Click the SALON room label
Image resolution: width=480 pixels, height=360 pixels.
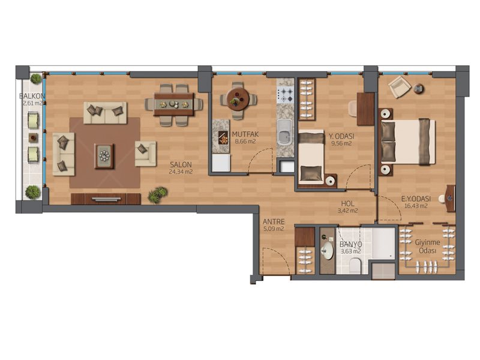tap(181, 164)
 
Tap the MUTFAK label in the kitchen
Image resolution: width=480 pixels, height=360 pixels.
tap(245, 134)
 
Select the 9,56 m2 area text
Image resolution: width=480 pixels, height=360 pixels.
tap(341, 143)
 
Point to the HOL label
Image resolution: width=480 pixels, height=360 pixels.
tap(348, 203)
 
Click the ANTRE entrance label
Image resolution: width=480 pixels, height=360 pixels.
tap(274, 221)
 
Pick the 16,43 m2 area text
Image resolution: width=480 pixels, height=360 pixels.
tap(416, 206)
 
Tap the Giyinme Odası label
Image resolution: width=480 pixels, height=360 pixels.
tap(427, 247)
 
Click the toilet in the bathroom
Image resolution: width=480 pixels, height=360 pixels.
tap(355, 266)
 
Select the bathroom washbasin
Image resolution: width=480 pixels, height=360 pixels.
tap(327, 251)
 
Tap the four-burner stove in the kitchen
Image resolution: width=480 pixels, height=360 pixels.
tap(285, 95)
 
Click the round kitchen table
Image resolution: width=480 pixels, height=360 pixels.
tap(238, 99)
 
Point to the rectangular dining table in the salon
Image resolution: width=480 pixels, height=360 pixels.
tap(174, 104)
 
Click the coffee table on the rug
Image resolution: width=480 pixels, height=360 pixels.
tap(104, 156)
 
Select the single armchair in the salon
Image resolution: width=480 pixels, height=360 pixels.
tap(145, 154)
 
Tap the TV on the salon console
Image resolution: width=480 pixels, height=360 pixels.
tap(106, 199)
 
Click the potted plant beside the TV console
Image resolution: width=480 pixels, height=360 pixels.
tap(158, 194)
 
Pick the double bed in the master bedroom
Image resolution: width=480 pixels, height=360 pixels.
tap(408, 142)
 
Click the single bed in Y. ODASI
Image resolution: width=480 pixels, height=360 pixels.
tap(311, 157)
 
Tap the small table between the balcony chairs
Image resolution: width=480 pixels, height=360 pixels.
tap(33, 137)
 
